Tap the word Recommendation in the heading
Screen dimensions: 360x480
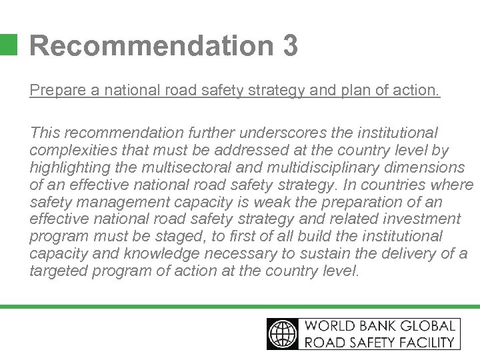click(147, 46)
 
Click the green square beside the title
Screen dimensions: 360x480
click(8, 44)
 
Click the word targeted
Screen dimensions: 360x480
click(57, 271)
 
